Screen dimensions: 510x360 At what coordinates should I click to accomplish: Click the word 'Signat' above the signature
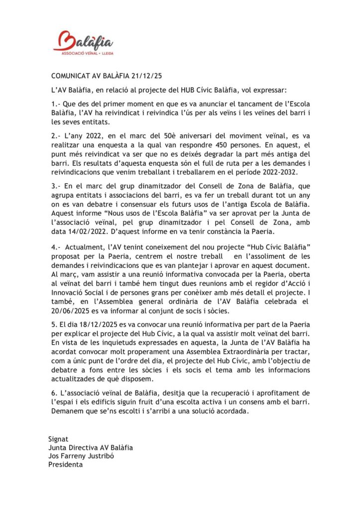click(x=58, y=439)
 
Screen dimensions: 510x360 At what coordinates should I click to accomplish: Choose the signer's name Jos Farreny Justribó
click(x=86, y=456)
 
